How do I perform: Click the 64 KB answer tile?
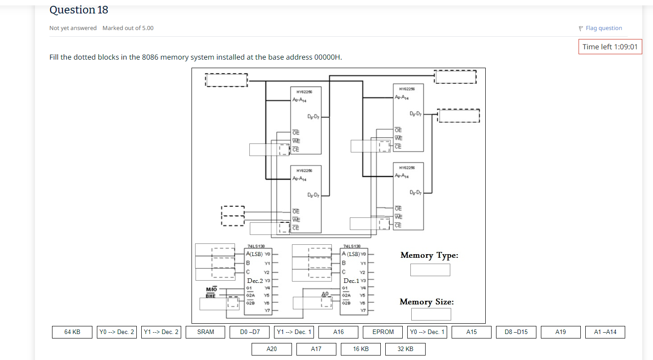pos(72,332)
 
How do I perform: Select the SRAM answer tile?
pos(205,332)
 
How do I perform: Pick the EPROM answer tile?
pos(383,332)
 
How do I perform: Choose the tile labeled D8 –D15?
pos(516,332)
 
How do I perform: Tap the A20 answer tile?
pos(271,349)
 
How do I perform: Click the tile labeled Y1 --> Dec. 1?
pos(294,332)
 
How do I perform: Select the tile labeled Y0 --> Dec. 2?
pos(117,332)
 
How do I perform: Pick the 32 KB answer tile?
pos(405,349)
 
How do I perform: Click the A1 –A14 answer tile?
pos(605,332)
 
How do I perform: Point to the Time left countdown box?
pos(609,47)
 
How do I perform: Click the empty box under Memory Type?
pos(430,270)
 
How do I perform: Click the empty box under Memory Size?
pos(431,314)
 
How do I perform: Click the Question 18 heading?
pos(78,10)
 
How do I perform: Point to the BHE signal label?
pos(211,296)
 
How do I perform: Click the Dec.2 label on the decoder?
pos(255,281)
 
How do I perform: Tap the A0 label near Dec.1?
pos(326,294)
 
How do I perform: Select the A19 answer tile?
pos(561,332)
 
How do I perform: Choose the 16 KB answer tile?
pos(361,349)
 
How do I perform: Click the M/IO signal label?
pos(211,289)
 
